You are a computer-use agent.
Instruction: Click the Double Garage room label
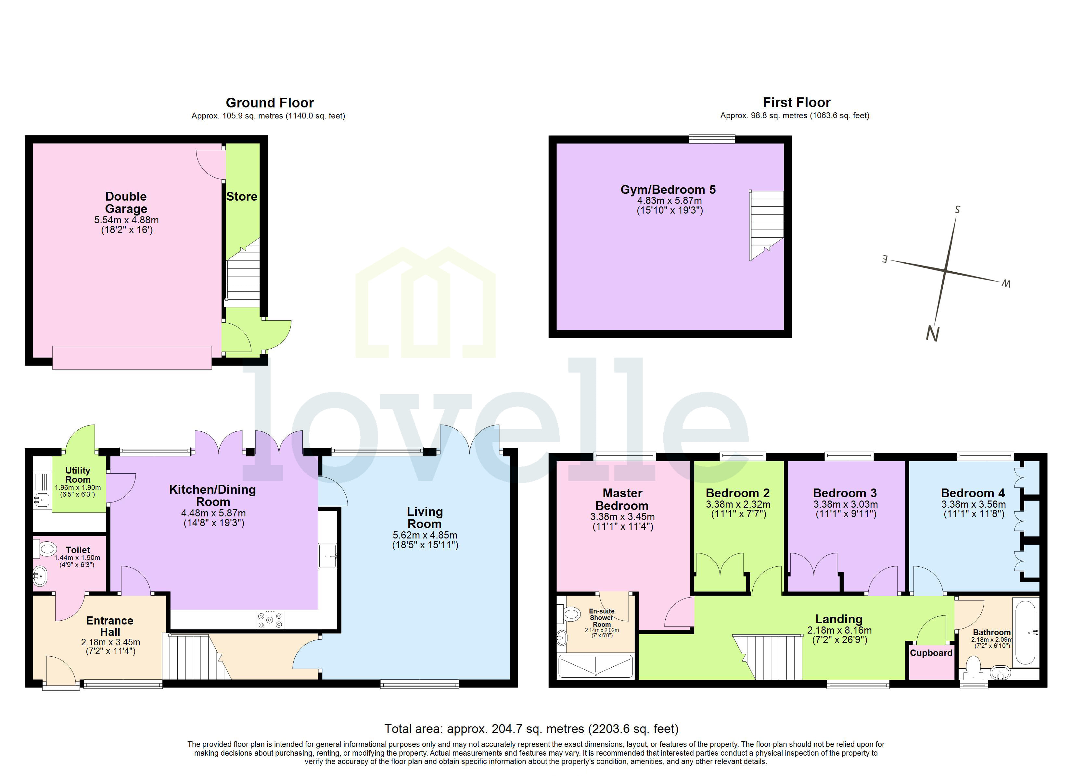126,203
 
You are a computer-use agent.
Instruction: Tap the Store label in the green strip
242,196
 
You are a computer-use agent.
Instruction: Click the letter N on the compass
932,334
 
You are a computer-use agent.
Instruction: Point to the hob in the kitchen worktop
270,619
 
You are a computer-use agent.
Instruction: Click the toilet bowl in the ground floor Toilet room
46,549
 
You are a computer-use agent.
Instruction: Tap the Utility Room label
78,475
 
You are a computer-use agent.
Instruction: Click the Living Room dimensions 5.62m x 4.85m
425,535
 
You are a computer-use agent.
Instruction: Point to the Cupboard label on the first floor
931,653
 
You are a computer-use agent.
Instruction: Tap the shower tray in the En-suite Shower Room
595,667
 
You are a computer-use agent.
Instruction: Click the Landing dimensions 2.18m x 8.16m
839,630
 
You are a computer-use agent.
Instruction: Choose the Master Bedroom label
622,499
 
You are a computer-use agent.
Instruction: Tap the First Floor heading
797,103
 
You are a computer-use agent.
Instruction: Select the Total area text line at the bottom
531,729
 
